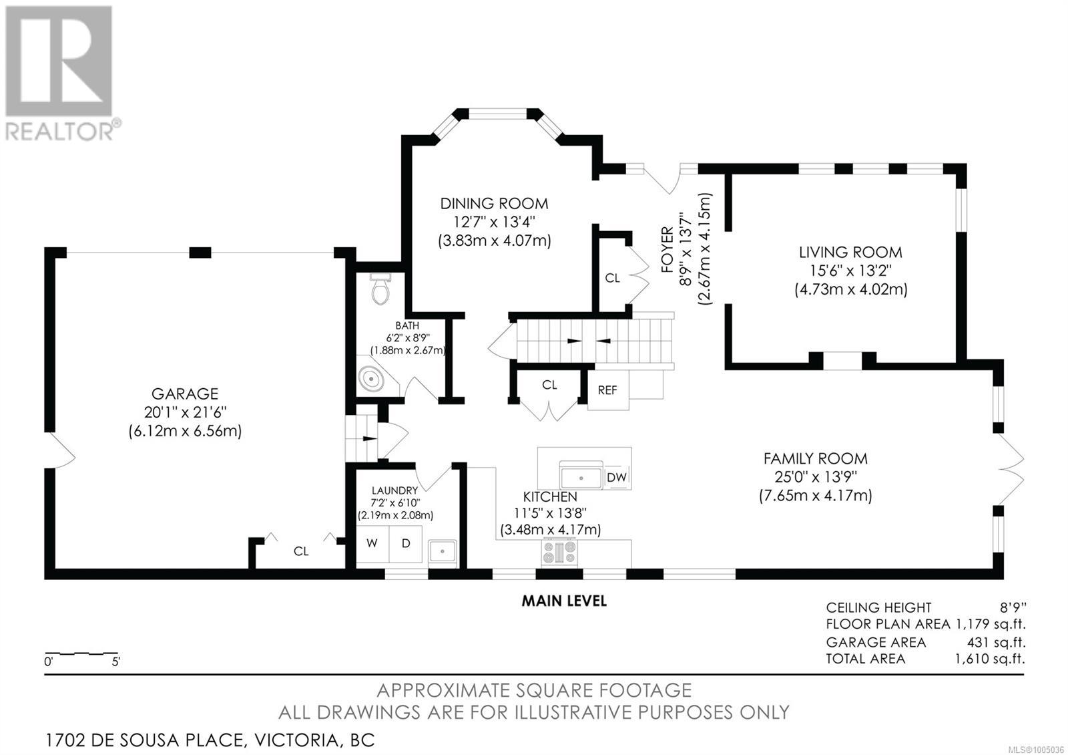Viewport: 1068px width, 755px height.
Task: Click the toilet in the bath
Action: point(380,288)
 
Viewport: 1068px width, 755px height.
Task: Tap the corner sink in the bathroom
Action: point(374,378)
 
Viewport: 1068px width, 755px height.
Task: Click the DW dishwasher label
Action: point(617,477)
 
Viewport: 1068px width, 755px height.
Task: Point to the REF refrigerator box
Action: point(607,390)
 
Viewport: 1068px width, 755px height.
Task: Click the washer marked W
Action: point(372,543)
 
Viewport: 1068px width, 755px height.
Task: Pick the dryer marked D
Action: point(406,543)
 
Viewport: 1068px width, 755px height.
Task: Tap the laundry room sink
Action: point(443,553)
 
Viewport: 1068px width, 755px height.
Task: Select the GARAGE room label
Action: point(185,394)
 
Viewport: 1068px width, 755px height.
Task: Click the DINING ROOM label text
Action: point(494,204)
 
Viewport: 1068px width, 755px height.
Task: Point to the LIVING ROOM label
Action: point(850,252)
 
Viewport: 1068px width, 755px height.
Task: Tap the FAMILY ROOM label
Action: point(815,458)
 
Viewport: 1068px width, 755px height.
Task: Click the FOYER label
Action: point(668,250)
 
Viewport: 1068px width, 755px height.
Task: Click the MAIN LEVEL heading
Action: point(564,601)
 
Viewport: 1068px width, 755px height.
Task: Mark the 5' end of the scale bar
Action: point(117,652)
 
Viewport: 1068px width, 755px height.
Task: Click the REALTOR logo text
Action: point(59,131)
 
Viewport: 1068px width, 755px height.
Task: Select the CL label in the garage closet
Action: point(301,551)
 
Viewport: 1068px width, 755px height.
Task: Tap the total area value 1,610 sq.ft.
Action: point(989,659)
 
